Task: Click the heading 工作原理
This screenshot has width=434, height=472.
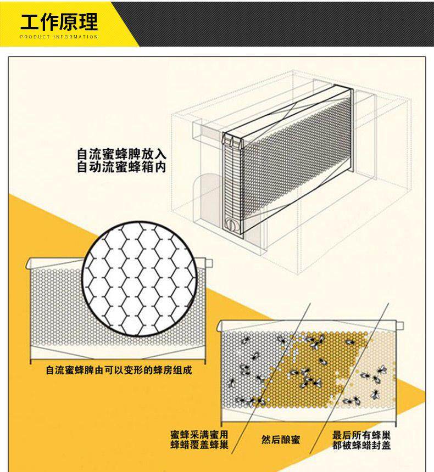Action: click(x=59, y=21)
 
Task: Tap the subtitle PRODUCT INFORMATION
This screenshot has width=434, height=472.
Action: click(x=59, y=37)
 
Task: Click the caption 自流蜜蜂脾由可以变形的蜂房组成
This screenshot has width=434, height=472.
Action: click(x=119, y=370)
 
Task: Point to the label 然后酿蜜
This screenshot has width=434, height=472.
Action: click(x=280, y=440)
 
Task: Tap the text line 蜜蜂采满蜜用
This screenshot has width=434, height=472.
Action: click(x=199, y=434)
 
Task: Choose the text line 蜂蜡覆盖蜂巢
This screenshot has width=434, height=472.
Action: click(x=199, y=445)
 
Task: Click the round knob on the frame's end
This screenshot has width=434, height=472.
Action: click(x=231, y=223)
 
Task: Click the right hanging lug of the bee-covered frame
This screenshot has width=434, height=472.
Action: click(x=400, y=325)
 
